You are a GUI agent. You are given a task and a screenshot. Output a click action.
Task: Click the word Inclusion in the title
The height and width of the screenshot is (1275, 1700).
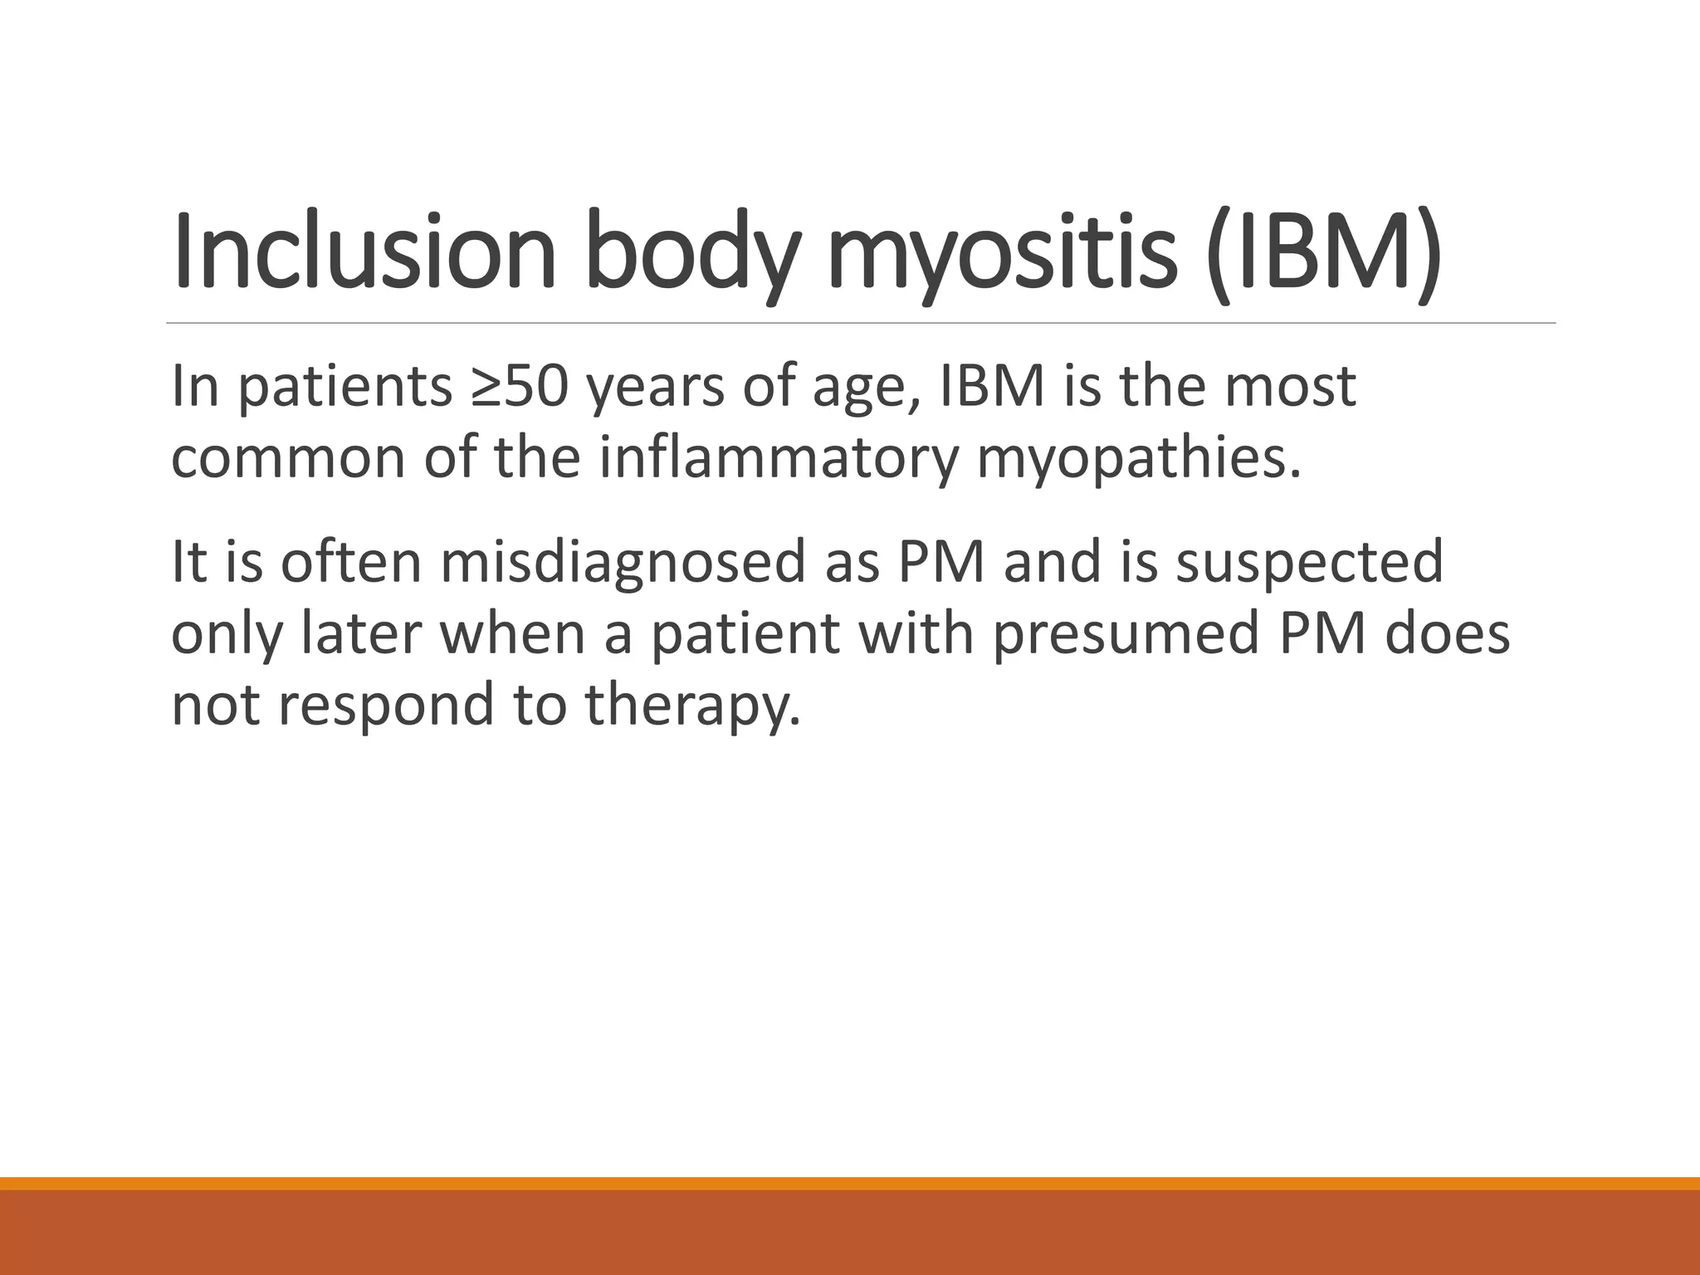364,251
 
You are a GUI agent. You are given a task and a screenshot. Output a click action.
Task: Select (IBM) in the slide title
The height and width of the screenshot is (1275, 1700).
1323,251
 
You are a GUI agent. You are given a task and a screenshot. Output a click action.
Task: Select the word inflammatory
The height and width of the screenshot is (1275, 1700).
779,458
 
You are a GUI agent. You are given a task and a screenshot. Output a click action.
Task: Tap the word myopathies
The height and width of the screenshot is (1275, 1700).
1138,458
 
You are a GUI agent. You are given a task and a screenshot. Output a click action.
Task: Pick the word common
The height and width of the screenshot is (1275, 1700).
289,458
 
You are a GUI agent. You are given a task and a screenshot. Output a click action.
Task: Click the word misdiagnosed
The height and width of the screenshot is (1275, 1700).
623,562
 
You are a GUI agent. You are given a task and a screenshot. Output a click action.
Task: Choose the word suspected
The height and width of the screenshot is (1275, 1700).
1309,562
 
